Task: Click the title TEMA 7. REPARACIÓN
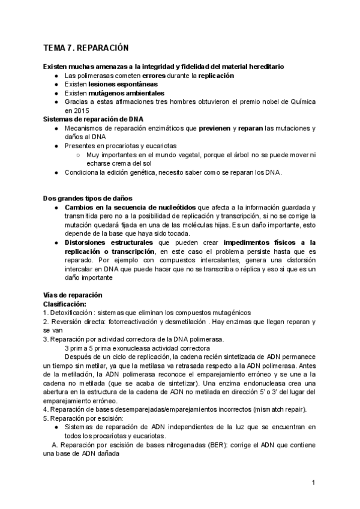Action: pyautogui.click(x=86, y=47)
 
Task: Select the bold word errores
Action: pyautogui.click(x=154, y=76)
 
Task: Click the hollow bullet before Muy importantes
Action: pyautogui.click(x=79, y=155)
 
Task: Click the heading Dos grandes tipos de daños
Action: pyautogui.click(x=88, y=198)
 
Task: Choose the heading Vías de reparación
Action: pyautogui.click(x=73, y=295)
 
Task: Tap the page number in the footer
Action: pyautogui.click(x=313, y=483)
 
